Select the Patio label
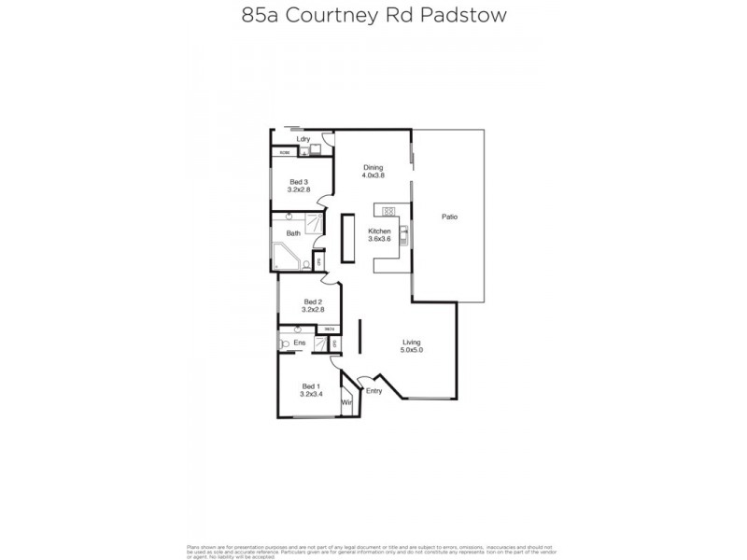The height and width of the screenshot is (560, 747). click(x=449, y=217)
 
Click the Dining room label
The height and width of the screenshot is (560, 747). click(x=373, y=167)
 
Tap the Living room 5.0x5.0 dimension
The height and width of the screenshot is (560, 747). click(x=412, y=350)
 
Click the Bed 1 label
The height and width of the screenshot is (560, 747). click(x=310, y=386)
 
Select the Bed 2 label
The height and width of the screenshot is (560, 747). click(x=313, y=301)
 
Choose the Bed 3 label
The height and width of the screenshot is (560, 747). click(x=299, y=181)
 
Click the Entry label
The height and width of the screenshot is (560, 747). click(x=374, y=391)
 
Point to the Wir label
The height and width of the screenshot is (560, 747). click(x=346, y=402)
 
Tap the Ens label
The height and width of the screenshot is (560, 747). click(x=300, y=343)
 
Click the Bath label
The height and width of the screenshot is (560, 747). click(x=292, y=233)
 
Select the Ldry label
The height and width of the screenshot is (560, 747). click(x=303, y=140)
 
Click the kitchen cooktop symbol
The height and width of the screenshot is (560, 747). click(x=388, y=210)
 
